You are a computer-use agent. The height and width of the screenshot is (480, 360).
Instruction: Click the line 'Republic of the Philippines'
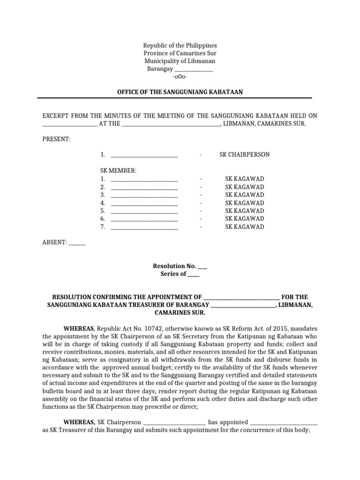coord(180,45)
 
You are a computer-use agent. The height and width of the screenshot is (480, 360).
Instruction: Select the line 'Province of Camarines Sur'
coord(180,53)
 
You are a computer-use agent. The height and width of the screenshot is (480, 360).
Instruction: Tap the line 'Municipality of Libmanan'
coord(180,61)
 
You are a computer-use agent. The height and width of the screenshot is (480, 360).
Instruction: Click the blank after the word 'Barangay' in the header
coord(195,69)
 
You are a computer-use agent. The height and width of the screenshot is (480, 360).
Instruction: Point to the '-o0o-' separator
coord(180,77)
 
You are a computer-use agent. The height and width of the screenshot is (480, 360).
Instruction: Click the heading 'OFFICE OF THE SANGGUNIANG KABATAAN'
coord(180,92)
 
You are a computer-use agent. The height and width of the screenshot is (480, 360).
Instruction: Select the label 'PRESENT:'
coord(57,139)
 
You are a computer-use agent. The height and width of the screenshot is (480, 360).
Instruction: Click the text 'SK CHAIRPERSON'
coord(244,155)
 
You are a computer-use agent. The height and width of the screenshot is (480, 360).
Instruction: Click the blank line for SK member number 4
coord(144,203)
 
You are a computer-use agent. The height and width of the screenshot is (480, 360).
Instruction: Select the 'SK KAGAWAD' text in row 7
coord(244,227)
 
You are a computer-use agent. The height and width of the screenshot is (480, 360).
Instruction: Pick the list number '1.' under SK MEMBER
coord(102,179)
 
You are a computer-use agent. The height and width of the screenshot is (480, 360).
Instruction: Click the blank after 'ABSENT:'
coord(77,243)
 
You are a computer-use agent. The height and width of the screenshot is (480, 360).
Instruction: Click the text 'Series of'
coord(173,274)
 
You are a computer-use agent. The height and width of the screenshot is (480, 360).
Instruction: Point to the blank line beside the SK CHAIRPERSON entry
coord(144,155)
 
